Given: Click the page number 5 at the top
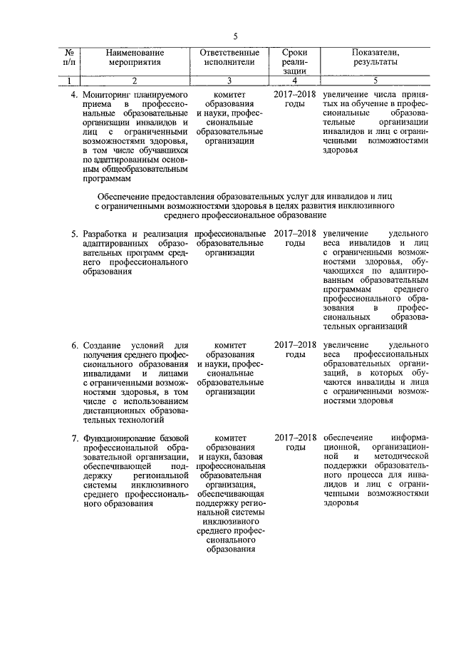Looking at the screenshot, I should point(235,37).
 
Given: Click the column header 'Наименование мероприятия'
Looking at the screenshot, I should point(135,58).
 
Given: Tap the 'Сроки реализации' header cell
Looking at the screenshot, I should point(294,62).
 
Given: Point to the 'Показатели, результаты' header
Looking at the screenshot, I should point(375,58).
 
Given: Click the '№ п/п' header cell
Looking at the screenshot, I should point(71,58).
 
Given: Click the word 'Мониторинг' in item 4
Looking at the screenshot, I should point(107,94).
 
